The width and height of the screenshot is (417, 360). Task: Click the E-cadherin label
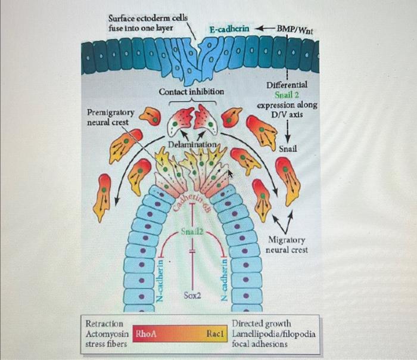[229, 29]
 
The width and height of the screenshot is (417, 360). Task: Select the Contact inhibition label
[191, 92]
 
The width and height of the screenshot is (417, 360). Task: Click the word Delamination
[192, 145]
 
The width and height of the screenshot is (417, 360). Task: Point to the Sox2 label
[192, 295]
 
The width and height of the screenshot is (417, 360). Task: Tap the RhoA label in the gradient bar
[146, 334]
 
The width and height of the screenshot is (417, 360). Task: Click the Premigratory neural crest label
[110, 117]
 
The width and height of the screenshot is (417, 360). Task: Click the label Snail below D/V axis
[287, 148]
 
